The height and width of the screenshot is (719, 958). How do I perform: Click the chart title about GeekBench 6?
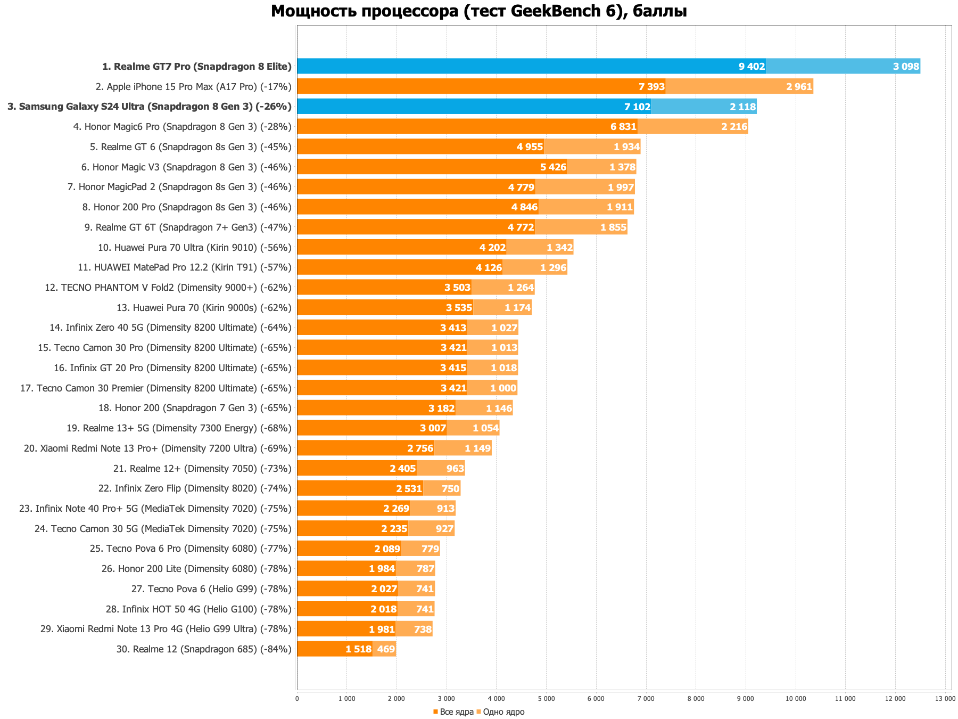478,11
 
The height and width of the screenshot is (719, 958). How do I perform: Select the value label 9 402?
751,67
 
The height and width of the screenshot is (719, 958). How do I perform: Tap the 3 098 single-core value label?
906,67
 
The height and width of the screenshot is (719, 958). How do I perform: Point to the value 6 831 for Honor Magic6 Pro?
623,127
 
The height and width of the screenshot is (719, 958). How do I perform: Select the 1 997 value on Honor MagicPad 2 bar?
621,187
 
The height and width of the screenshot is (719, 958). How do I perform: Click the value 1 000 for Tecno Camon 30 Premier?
503,388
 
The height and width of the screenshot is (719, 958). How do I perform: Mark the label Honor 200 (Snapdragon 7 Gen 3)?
195,408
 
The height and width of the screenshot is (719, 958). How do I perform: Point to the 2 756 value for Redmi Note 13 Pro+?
420,448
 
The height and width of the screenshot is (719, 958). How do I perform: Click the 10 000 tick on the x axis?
795,698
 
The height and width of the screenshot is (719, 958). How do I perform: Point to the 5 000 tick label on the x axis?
546,698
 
